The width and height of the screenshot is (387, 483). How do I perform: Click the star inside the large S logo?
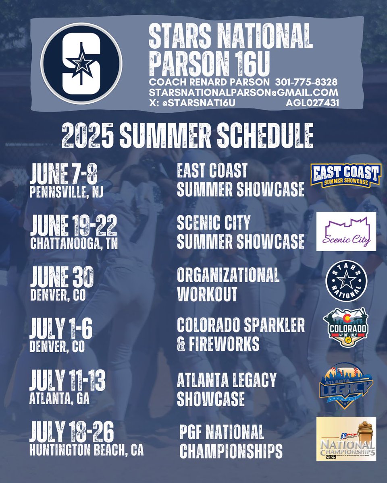point(81,63)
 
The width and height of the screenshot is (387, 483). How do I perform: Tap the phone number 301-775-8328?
point(306,82)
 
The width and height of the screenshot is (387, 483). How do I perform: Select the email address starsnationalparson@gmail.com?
point(243,93)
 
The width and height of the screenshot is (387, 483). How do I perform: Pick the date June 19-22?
point(73,225)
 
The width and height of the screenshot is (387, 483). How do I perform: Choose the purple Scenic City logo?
point(346,232)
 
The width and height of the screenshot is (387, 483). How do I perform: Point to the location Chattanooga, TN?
point(74,244)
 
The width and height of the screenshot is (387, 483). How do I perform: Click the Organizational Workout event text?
point(228,285)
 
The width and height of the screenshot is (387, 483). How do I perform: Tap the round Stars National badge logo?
point(346,281)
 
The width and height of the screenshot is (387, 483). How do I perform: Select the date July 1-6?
point(61,328)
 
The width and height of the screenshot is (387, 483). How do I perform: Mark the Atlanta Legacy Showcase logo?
point(346,385)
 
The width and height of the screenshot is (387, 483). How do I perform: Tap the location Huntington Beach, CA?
point(86,450)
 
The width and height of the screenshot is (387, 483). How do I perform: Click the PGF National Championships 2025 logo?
point(346,439)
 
